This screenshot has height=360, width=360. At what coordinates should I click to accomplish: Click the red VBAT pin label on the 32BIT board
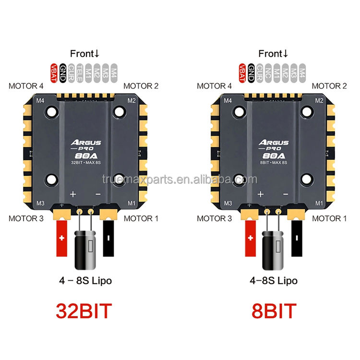click(x=54, y=72)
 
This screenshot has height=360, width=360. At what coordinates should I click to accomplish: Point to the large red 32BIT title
click(x=85, y=311)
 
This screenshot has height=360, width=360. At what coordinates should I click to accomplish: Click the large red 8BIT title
click(x=274, y=311)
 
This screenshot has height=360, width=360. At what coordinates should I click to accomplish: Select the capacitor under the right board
click(x=274, y=250)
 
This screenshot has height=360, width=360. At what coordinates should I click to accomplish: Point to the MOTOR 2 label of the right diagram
click(x=329, y=86)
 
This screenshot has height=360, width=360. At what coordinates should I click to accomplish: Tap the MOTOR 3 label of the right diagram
click(x=215, y=218)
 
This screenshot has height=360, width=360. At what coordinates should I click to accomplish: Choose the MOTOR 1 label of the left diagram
click(x=141, y=218)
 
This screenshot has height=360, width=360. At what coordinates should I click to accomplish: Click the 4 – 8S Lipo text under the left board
click(x=85, y=280)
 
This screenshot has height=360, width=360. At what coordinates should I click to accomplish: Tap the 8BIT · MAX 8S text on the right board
click(x=274, y=162)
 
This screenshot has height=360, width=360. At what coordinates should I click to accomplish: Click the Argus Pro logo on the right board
click(x=274, y=144)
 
